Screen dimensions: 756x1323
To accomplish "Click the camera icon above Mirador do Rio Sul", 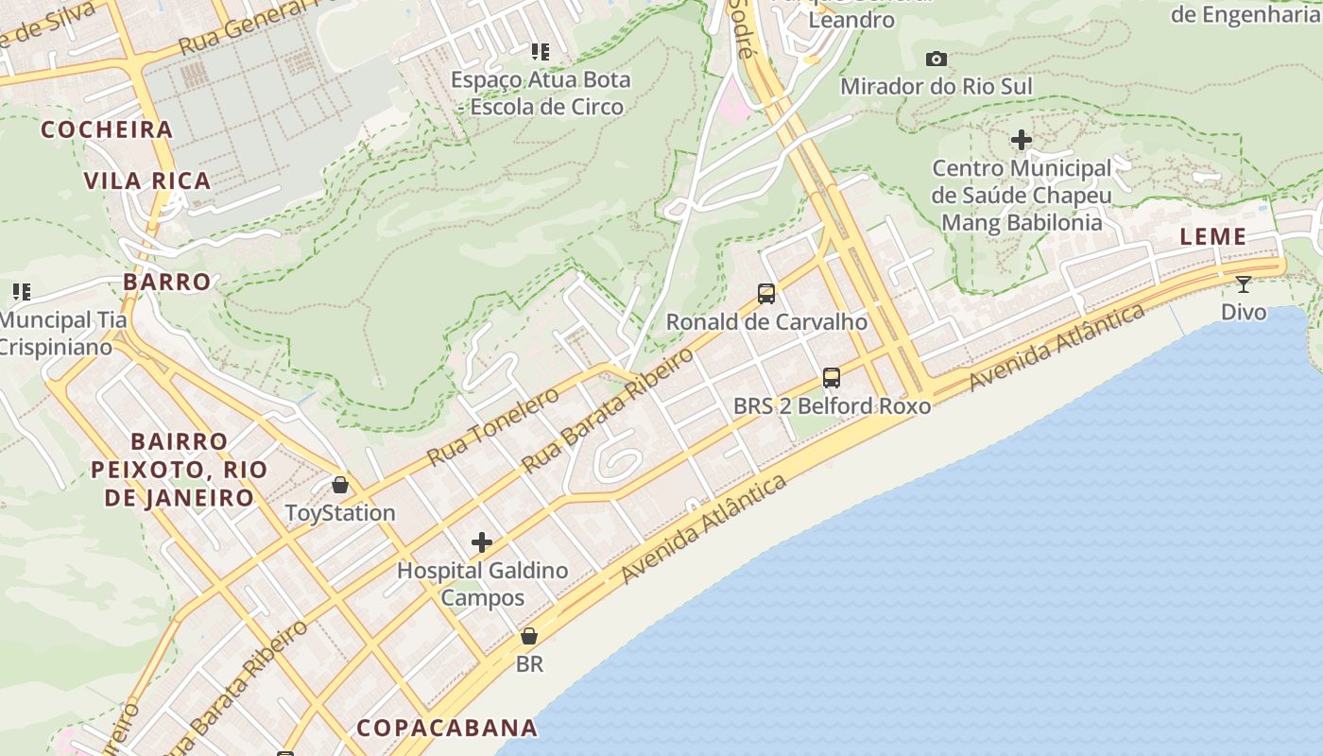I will (936, 60).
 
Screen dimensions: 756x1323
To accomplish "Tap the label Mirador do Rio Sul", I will (936, 87).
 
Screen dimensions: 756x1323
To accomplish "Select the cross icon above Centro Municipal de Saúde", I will (1022, 141).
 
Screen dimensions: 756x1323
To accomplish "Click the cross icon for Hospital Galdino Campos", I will (482, 542).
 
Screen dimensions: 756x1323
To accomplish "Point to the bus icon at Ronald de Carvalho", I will (766, 294).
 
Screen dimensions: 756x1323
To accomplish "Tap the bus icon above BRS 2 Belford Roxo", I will (832, 378).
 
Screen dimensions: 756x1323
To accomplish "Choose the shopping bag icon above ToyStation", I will (340, 486).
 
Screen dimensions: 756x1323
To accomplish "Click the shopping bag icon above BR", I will (529, 636).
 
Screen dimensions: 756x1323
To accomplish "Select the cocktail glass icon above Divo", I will (1244, 283).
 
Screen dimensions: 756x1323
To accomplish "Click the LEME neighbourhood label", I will (1213, 237).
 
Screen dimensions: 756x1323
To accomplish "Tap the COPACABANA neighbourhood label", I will (447, 728).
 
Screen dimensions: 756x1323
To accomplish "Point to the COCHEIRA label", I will (107, 129).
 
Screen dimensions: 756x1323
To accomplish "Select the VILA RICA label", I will (147, 180).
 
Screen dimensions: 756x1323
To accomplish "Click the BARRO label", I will (167, 282).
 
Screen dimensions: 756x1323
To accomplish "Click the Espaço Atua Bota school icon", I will (540, 52).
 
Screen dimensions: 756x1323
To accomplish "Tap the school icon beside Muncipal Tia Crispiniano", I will (21, 292).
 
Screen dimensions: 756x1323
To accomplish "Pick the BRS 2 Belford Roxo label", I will (832, 406).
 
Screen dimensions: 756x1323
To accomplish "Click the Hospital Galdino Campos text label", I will (482, 584).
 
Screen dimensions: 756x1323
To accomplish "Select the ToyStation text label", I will (340, 513).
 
